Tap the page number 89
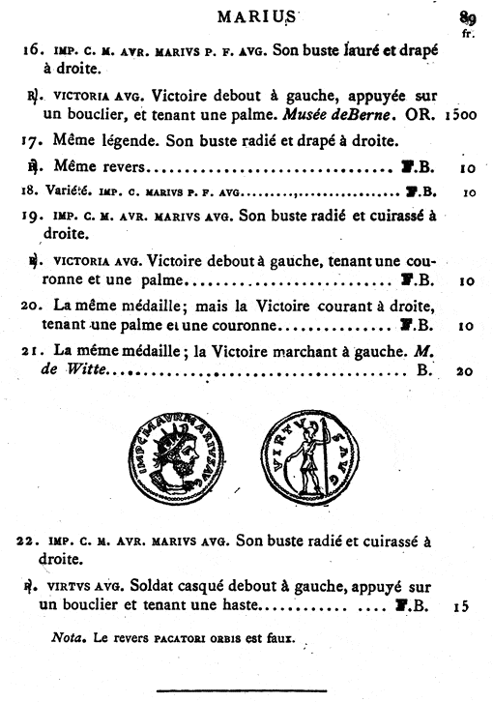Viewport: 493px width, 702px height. [471, 15]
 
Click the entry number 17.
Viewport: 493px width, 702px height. [30, 141]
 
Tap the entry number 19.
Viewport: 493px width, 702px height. [30, 214]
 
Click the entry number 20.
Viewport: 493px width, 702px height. [30, 307]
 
